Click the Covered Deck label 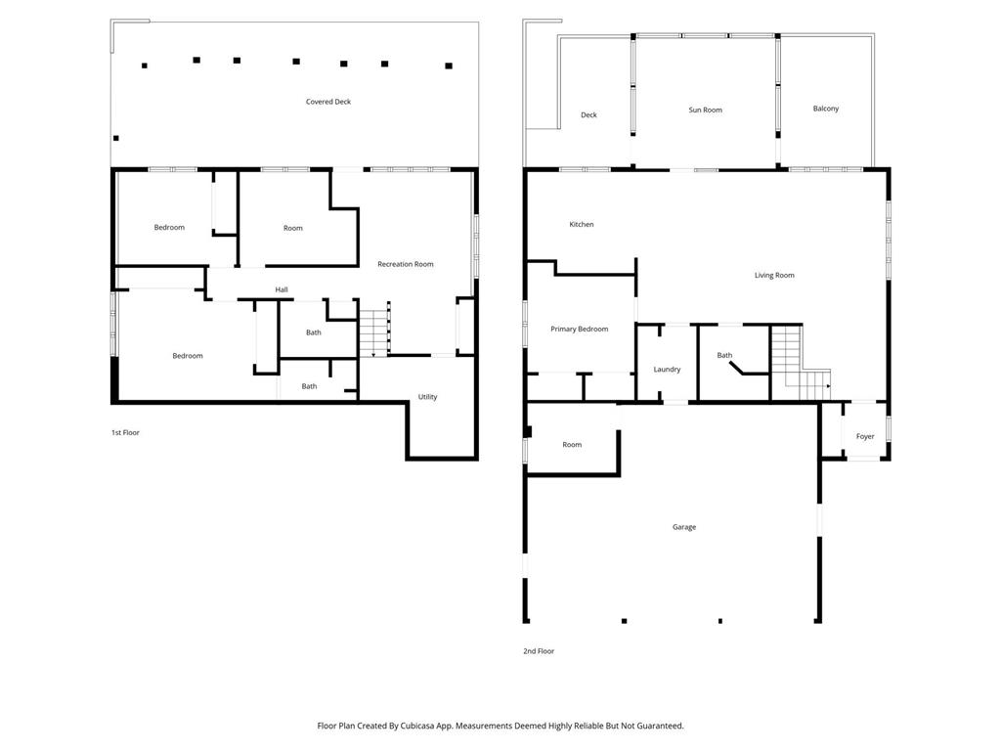(x=328, y=102)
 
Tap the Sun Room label (x=705, y=110)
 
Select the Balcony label (x=825, y=109)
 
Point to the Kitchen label (x=581, y=224)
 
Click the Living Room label (x=774, y=275)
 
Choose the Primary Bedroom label (x=579, y=329)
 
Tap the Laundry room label (x=667, y=369)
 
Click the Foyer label (x=865, y=436)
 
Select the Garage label (x=683, y=527)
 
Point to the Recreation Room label (x=406, y=264)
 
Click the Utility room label (x=427, y=397)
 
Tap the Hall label (x=281, y=289)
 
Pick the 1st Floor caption (x=125, y=432)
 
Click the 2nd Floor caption (x=539, y=650)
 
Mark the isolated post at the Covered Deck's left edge (x=115, y=138)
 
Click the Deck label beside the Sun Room (x=588, y=115)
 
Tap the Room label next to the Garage (x=572, y=445)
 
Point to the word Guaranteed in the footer (x=661, y=726)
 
